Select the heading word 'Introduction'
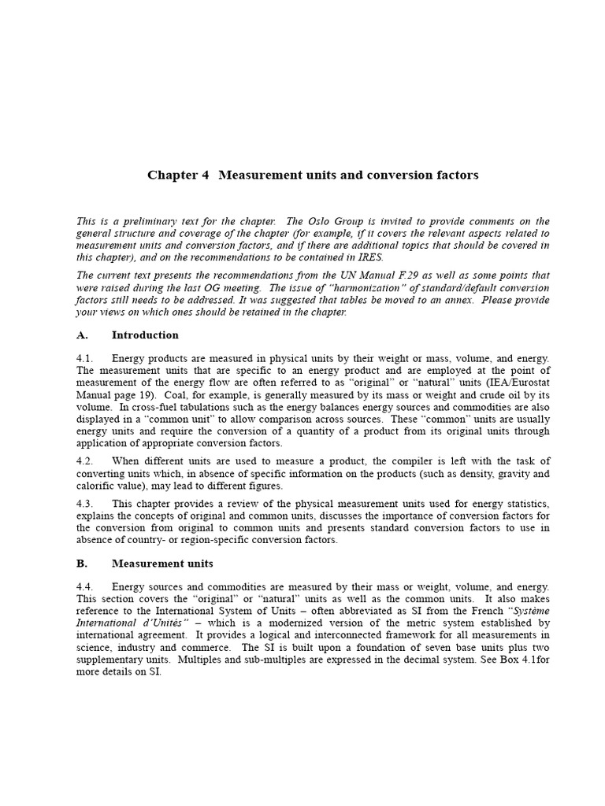tap(145, 335)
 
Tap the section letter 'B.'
tap(83, 564)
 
